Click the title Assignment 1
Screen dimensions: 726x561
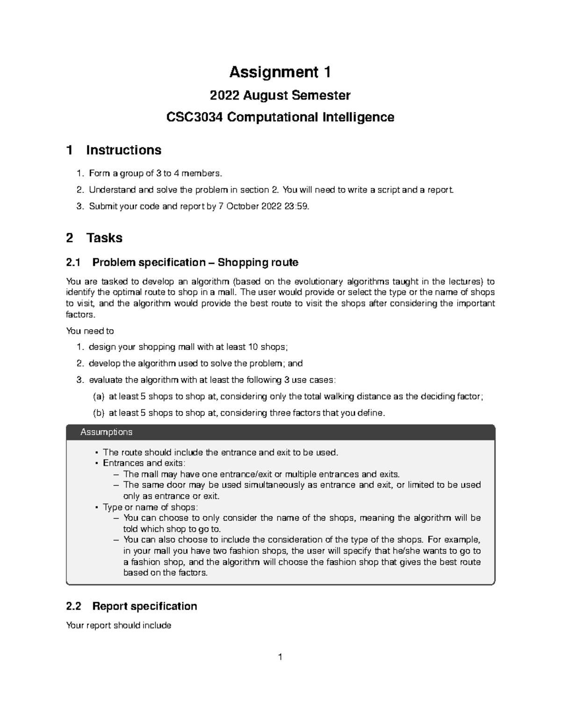pos(280,72)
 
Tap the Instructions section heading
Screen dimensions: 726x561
pos(123,150)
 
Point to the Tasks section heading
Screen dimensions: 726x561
pos(104,238)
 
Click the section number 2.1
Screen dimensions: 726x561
pos(74,262)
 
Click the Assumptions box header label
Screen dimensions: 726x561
pos(106,432)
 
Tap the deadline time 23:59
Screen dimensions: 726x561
pos(295,206)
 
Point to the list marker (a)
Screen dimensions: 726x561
pos(98,396)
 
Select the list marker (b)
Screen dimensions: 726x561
pos(98,413)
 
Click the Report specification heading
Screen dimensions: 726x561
pos(144,606)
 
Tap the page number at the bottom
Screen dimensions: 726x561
pos(280,657)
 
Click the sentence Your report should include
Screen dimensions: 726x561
pos(119,625)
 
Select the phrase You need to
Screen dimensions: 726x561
pos(90,331)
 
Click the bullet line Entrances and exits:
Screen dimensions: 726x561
pos(144,463)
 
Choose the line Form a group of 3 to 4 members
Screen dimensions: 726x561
pos(154,173)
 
